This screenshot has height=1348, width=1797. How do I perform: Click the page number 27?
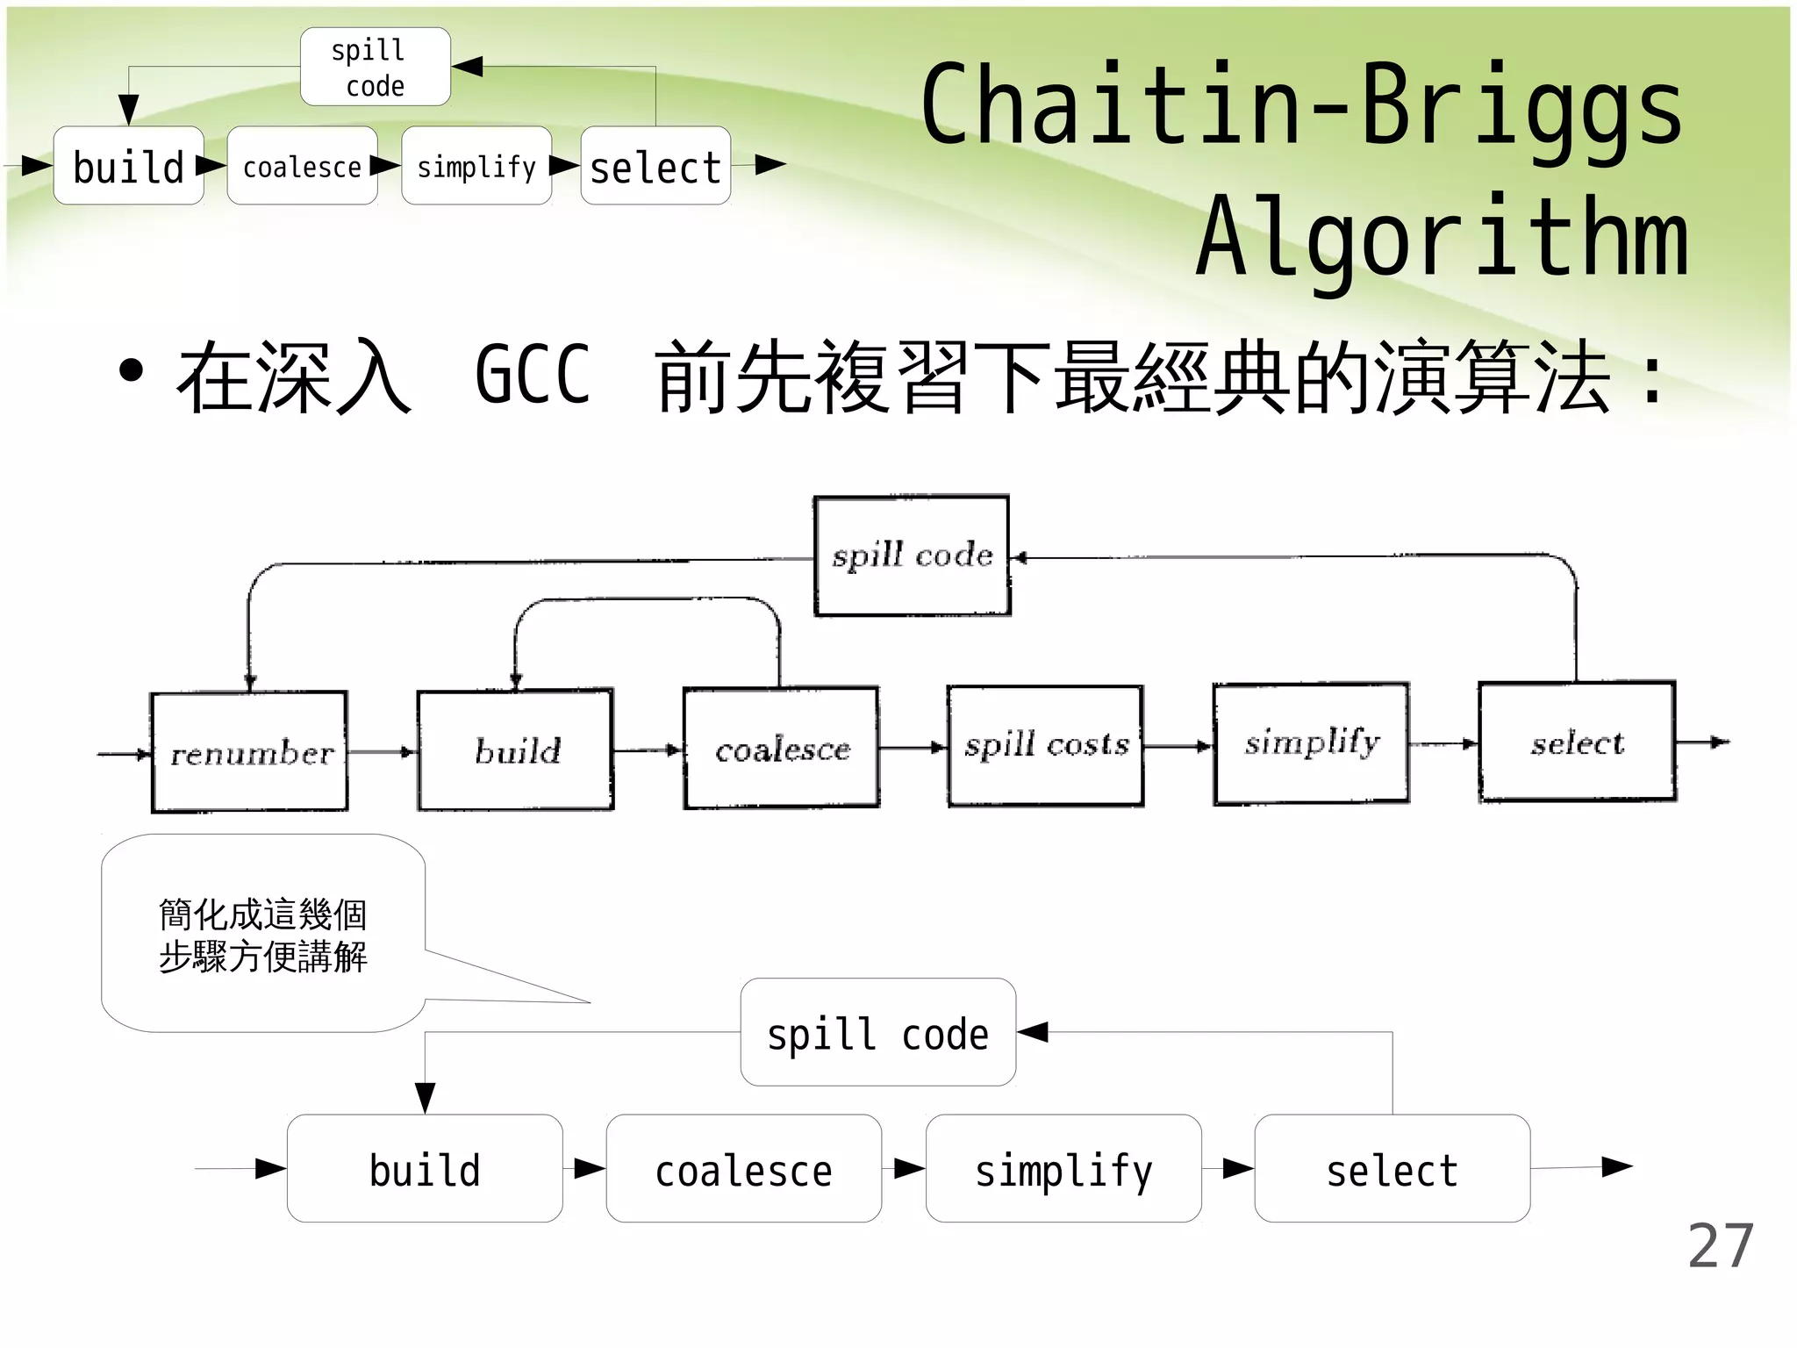pyautogui.click(x=1720, y=1245)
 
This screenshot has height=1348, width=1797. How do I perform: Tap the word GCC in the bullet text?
pyautogui.click(x=533, y=376)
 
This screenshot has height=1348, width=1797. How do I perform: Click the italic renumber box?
pyautogui.click(x=250, y=752)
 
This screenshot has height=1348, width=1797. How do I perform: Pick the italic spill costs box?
pyautogui.click(x=1046, y=745)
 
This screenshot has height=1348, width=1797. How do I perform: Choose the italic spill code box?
pyautogui.click(x=912, y=556)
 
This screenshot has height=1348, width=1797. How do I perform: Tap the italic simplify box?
pyautogui.click(x=1312, y=743)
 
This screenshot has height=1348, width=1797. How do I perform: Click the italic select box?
pyautogui.click(x=1577, y=742)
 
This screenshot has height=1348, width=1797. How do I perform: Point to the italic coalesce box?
pyautogui.click(x=782, y=748)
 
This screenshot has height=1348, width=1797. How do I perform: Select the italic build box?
pyautogui.click(x=516, y=749)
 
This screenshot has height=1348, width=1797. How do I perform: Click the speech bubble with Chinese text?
pyautogui.click(x=263, y=934)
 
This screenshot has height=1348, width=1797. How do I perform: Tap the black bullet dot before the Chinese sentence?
pyautogui.click(x=131, y=371)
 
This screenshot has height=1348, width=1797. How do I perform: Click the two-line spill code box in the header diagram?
pyautogui.click(x=376, y=68)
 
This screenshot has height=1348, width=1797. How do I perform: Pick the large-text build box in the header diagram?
pyautogui.click(x=129, y=166)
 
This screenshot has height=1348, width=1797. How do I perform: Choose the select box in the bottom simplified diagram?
pyautogui.click(x=1392, y=1169)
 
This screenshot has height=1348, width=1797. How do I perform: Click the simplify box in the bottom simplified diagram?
pyautogui.click(x=1063, y=1169)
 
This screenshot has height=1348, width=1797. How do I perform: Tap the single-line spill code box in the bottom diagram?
pyautogui.click(x=877, y=1033)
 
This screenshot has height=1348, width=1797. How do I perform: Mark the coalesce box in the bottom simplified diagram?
pyautogui.click(x=743, y=1169)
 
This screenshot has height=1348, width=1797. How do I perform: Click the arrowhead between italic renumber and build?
pyautogui.click(x=408, y=752)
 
